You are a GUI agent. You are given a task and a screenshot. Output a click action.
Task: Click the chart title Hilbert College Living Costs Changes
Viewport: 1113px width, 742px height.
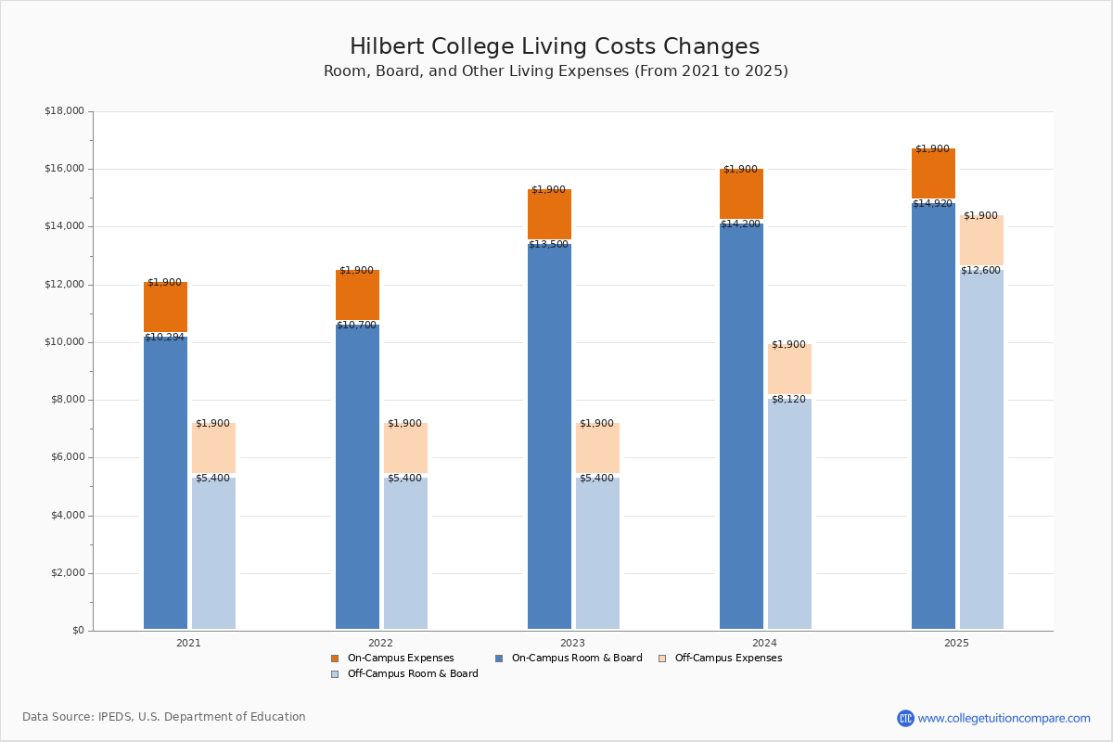[x=555, y=47]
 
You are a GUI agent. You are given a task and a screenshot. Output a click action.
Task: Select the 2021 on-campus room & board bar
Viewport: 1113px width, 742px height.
[x=165, y=482]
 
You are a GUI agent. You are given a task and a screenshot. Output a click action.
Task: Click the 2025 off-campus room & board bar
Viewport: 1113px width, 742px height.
[x=981, y=450]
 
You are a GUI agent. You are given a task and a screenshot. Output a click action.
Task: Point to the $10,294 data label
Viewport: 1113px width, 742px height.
[x=164, y=338]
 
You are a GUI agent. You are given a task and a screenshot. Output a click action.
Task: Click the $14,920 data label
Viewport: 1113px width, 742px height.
[x=932, y=204]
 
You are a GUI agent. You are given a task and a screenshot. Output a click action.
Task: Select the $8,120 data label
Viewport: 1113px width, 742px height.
[x=788, y=400]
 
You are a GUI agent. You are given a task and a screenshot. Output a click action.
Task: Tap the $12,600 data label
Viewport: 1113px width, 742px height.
[x=980, y=271]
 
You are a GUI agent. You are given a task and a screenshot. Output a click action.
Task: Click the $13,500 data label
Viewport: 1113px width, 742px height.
[x=548, y=245]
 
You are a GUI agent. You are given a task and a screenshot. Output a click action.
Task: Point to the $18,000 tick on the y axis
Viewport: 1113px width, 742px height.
[x=64, y=111]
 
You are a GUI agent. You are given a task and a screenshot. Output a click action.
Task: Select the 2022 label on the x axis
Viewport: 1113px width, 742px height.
[x=380, y=643]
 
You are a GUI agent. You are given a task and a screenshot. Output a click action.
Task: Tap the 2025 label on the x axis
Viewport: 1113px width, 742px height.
[x=956, y=643]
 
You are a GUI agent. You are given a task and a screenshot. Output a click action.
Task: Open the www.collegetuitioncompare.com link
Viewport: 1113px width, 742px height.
[x=1004, y=718]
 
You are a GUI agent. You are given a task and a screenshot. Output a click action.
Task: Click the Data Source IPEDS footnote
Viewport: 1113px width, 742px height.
[x=164, y=717]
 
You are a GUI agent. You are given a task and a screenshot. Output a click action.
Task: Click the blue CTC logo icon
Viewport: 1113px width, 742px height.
[x=905, y=718]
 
